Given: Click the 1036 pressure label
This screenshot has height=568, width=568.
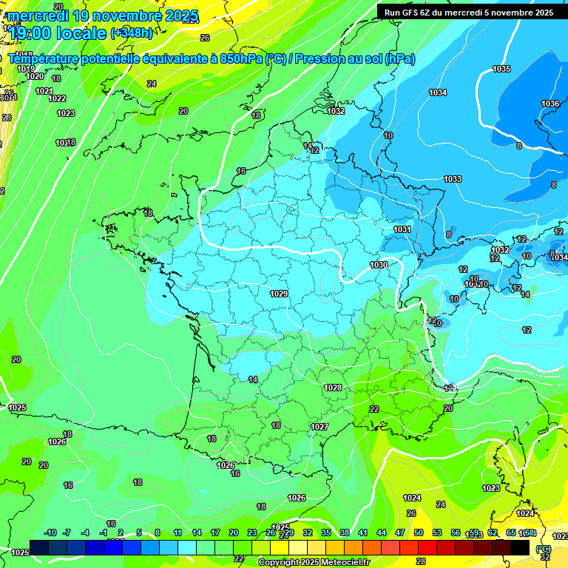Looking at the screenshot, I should [x=550, y=104].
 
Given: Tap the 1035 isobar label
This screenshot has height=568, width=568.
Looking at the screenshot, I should [x=501, y=69].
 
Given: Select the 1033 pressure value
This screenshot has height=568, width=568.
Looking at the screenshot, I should [x=453, y=180].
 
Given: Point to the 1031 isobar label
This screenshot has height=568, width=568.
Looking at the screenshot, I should [x=402, y=230].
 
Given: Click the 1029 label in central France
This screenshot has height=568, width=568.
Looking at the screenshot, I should [x=279, y=294].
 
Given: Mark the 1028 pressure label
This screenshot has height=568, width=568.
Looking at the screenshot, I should [x=333, y=388].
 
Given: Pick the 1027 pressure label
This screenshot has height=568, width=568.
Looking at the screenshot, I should [x=319, y=427].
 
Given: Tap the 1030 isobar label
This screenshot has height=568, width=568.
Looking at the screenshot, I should [x=379, y=265].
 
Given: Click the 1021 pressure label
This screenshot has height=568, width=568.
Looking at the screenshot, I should [x=44, y=91].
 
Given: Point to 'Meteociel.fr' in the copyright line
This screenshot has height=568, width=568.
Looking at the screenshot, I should [x=343, y=563].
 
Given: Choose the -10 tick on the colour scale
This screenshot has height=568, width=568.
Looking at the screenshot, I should [x=50, y=532].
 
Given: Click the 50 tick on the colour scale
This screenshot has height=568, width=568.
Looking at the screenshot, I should [x=419, y=532].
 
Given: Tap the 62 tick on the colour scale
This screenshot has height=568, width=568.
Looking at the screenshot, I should [x=493, y=532].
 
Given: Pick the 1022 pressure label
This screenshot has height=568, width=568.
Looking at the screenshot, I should [x=57, y=98].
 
